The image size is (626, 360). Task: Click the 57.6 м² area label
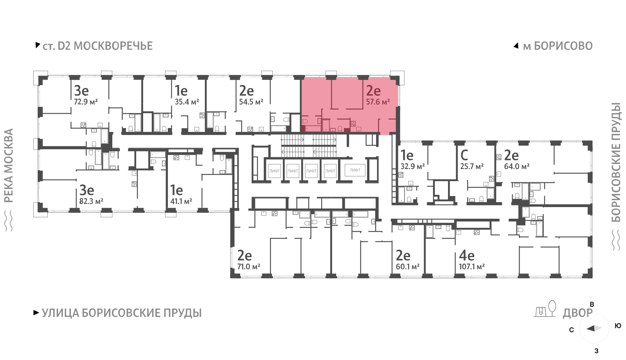click(x=378, y=102)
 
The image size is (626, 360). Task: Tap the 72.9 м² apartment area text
click(x=86, y=102)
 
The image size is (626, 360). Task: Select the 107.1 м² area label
click(x=472, y=266)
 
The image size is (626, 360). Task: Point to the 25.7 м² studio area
click(x=472, y=167)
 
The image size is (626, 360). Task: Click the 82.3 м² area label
click(x=92, y=201)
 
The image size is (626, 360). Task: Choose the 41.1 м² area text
click(x=181, y=201)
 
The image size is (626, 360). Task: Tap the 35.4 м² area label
click(x=187, y=102)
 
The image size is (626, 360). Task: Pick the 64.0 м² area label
click(x=517, y=167)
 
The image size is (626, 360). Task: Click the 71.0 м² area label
click(x=249, y=266)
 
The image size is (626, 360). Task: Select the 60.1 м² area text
click(x=408, y=266)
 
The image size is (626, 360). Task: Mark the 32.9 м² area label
click(x=413, y=167)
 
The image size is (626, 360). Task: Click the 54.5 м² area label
click(x=251, y=102)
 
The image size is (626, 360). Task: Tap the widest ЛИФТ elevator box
click(x=355, y=170)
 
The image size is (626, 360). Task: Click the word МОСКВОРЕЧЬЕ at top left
click(x=113, y=46)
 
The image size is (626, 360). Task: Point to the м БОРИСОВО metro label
click(x=558, y=46)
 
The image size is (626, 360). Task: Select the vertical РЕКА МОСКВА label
click(x=9, y=166)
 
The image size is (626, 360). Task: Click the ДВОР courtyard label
click(x=577, y=313)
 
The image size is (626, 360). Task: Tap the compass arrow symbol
click(x=594, y=328)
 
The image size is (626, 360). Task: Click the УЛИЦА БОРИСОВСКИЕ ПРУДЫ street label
click(x=122, y=313)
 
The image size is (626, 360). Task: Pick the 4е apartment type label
click(x=467, y=256)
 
